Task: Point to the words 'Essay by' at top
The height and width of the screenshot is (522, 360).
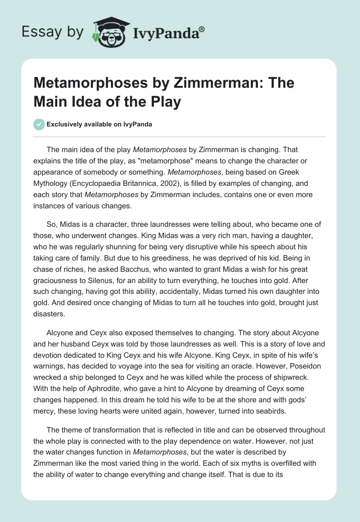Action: pyautogui.click(x=53, y=32)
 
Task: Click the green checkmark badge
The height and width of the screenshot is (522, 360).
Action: pyautogui.click(x=39, y=124)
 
